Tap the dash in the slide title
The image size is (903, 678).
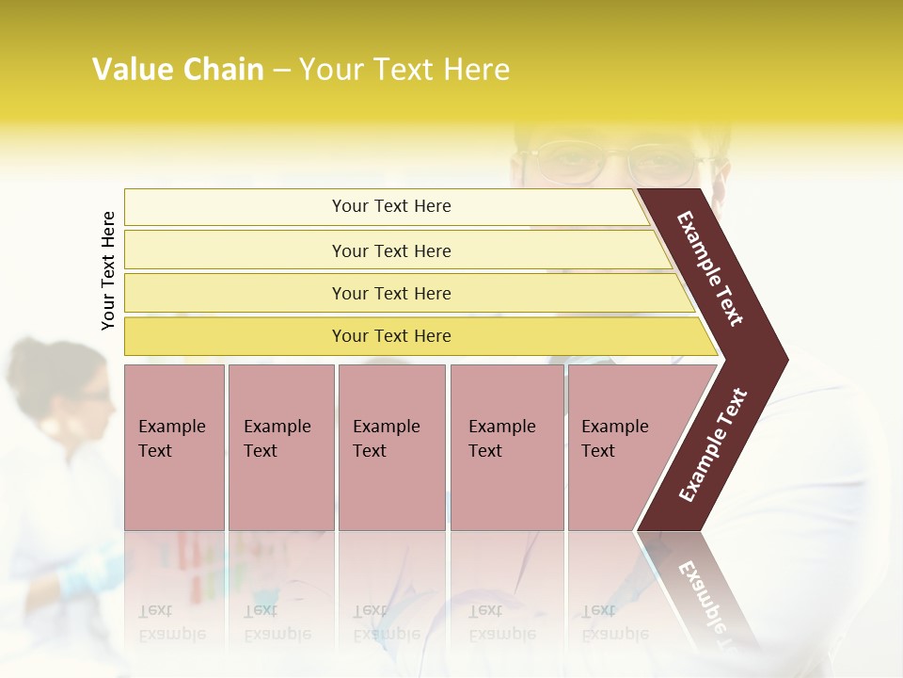coord(281,71)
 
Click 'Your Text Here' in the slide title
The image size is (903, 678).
coord(404,70)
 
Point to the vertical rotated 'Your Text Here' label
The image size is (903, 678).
coord(108,271)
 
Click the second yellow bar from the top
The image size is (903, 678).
coord(390,250)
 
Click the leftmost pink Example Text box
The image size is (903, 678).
coord(174,446)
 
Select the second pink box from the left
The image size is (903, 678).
coord(280,446)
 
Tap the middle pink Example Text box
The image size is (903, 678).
coord(391,446)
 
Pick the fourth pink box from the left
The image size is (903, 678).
coord(506,446)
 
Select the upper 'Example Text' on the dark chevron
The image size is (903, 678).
coord(710,268)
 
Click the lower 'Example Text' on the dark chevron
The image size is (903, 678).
coord(713,445)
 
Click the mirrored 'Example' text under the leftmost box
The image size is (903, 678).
coord(171,634)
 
